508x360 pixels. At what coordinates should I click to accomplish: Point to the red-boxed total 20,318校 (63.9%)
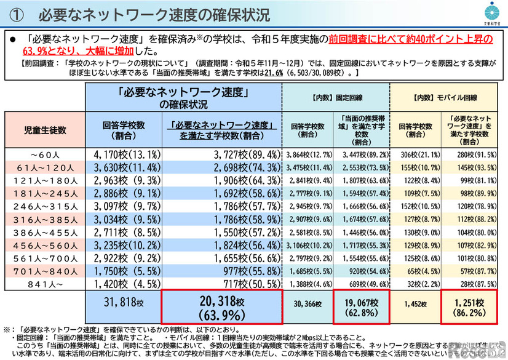222,306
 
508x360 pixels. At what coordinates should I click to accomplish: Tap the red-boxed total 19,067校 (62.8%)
362,306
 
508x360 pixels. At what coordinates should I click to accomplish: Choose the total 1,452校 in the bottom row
413,304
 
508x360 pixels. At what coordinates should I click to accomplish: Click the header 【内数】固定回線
336,97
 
